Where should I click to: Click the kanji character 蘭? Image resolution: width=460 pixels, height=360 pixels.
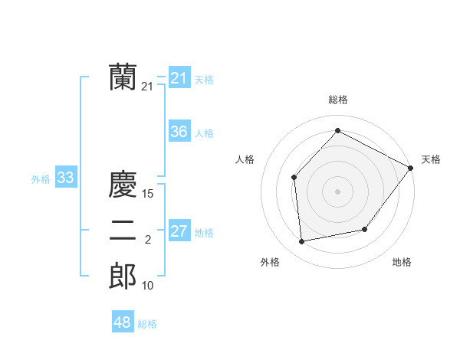click(x=123, y=77)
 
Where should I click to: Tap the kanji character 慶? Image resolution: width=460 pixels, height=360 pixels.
click(x=123, y=185)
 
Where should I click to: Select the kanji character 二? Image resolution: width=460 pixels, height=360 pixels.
click(x=123, y=231)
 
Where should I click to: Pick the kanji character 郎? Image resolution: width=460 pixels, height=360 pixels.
click(x=123, y=277)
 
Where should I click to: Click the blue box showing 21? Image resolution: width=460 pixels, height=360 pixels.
click(x=179, y=78)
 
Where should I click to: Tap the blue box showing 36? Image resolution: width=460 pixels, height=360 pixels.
click(x=179, y=132)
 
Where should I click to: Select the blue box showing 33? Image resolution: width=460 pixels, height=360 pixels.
click(x=65, y=178)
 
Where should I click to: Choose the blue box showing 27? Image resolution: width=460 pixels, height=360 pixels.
click(x=179, y=231)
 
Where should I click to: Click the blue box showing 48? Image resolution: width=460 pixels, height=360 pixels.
click(x=122, y=322)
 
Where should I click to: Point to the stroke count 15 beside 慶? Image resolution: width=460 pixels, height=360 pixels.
click(x=148, y=195)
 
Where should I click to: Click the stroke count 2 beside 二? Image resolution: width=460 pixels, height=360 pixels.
click(x=148, y=241)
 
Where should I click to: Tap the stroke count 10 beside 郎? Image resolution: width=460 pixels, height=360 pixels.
click(x=148, y=286)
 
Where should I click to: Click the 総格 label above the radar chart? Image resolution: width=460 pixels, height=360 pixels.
click(x=337, y=100)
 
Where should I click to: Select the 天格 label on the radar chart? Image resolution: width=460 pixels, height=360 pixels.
click(x=431, y=159)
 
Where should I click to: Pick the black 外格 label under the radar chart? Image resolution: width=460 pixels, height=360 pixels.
click(x=270, y=262)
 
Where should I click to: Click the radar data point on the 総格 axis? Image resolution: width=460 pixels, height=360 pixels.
click(x=337, y=130)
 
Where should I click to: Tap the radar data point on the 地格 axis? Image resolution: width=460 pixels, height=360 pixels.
click(x=365, y=229)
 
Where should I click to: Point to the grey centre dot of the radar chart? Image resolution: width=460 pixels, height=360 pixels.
click(x=337, y=191)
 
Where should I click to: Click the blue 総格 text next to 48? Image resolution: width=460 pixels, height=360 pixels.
click(x=147, y=324)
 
